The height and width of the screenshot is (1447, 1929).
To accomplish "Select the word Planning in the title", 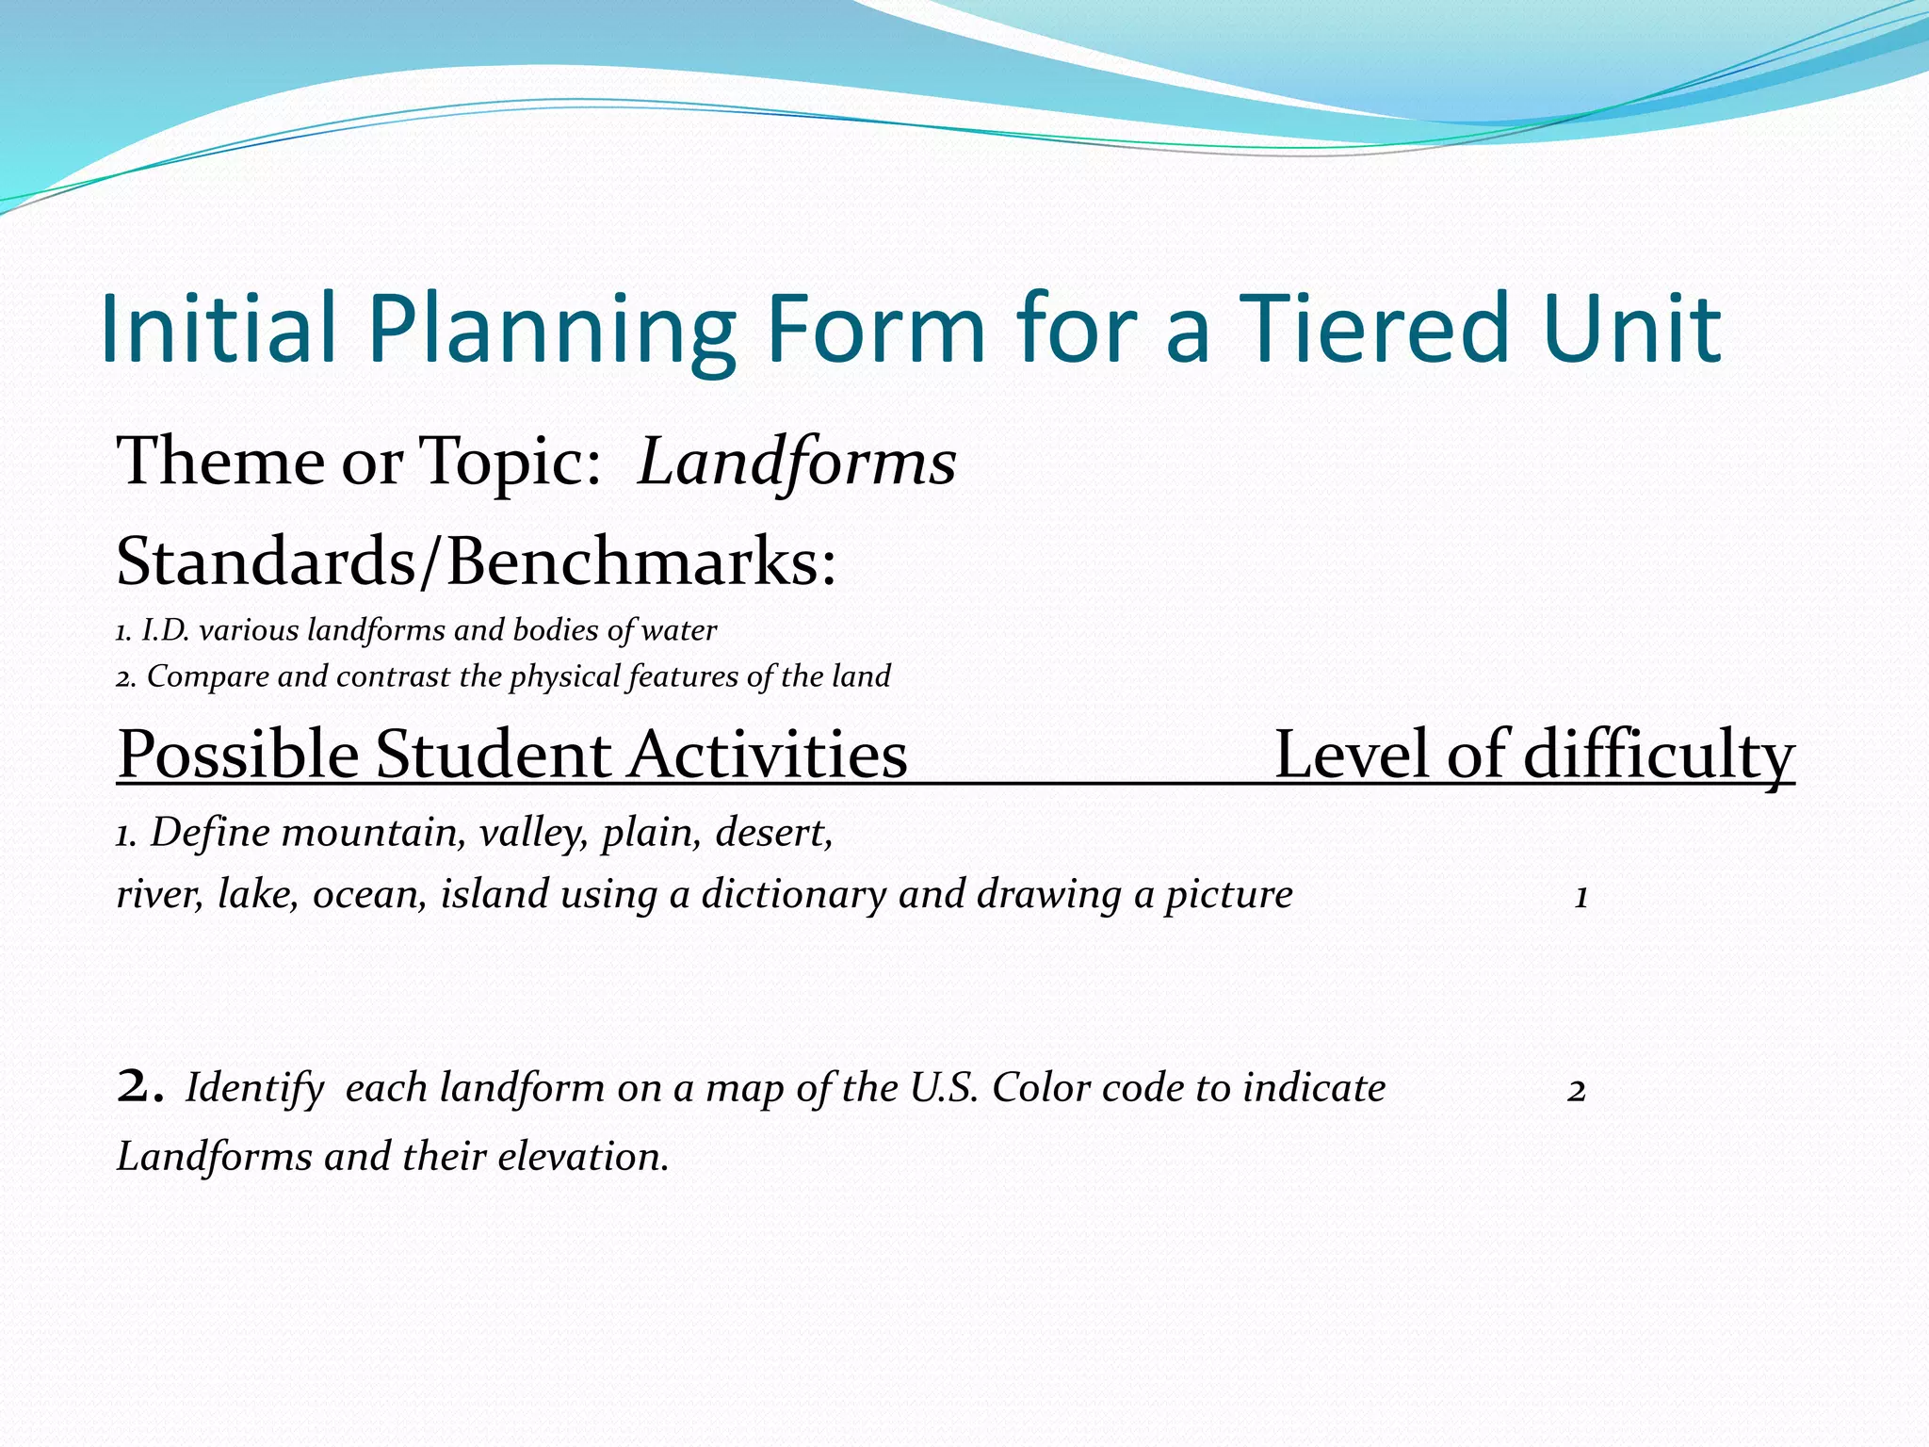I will point(551,330).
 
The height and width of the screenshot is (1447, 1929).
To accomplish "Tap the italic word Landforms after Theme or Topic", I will point(797,462).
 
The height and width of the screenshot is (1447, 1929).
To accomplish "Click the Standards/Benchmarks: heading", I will point(476,561).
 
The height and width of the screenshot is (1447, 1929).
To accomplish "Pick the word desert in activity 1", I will point(773,833).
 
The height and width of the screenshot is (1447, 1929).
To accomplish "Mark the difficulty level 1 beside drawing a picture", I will point(1581,897).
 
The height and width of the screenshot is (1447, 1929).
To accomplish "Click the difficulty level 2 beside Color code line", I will point(1577,1091).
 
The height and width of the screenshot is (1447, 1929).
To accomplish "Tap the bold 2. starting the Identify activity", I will point(140,1088).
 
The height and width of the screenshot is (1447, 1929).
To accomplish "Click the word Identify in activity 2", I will point(254,1089).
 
